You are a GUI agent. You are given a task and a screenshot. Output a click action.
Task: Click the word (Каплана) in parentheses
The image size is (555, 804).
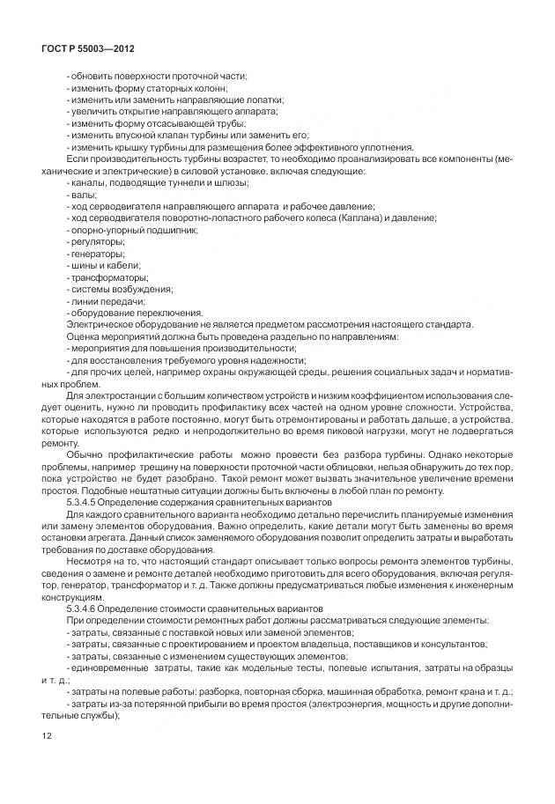[334, 218]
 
